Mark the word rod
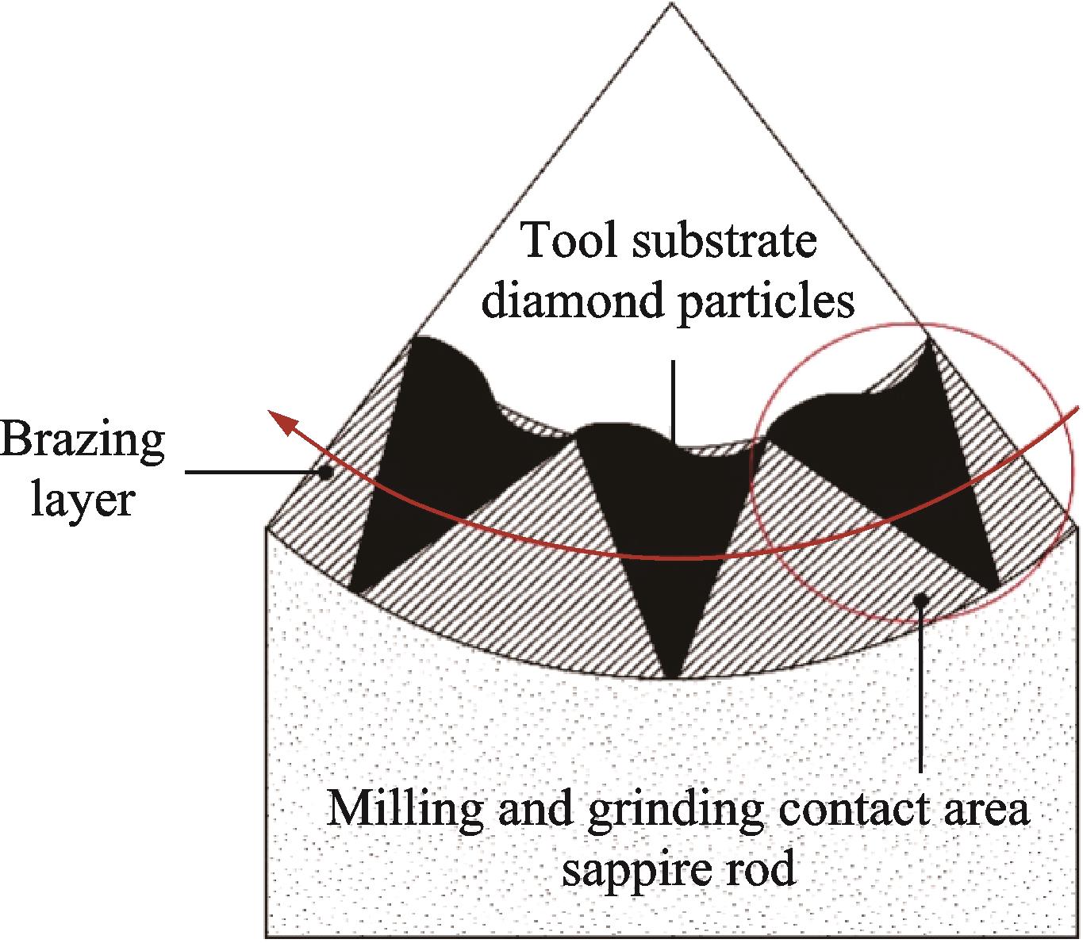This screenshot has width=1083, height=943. coord(762,870)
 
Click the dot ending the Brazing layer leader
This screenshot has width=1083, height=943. coord(325,473)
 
